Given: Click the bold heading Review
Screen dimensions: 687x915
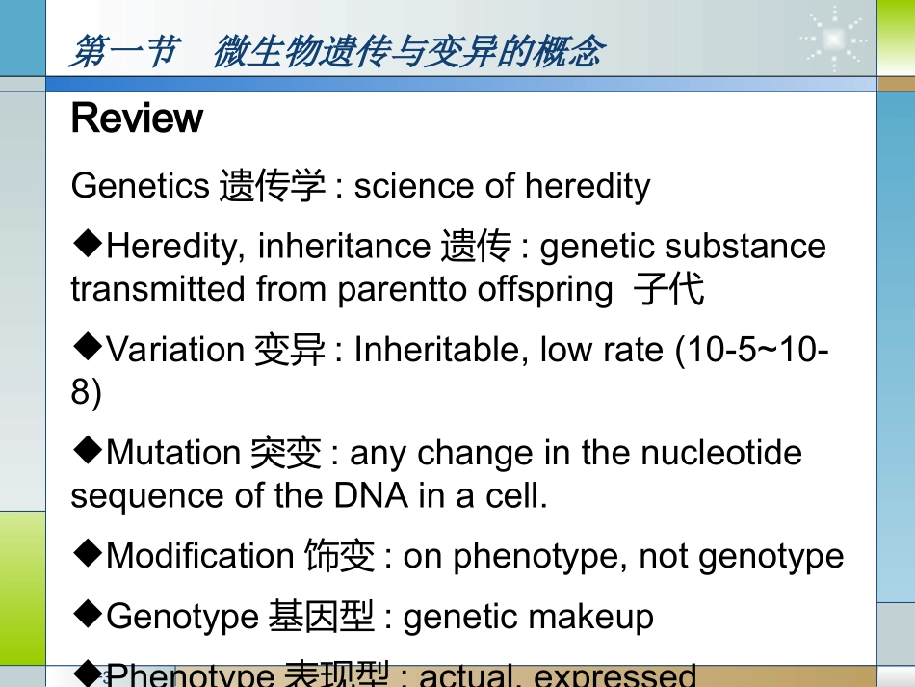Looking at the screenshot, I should click(137, 119).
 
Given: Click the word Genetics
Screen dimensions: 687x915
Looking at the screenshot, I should click(140, 186).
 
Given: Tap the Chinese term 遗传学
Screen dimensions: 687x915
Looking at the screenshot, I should click(273, 186).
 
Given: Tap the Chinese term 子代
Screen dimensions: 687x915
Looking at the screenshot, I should click(669, 289).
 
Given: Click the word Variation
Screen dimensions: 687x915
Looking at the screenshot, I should click(175, 350).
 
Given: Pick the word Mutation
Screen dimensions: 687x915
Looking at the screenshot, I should click(173, 453).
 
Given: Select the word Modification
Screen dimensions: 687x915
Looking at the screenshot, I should click(199, 556).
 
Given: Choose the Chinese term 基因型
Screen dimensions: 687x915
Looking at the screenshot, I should click(321, 617).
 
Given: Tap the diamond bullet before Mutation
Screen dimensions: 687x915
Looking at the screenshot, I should click(87, 449).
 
